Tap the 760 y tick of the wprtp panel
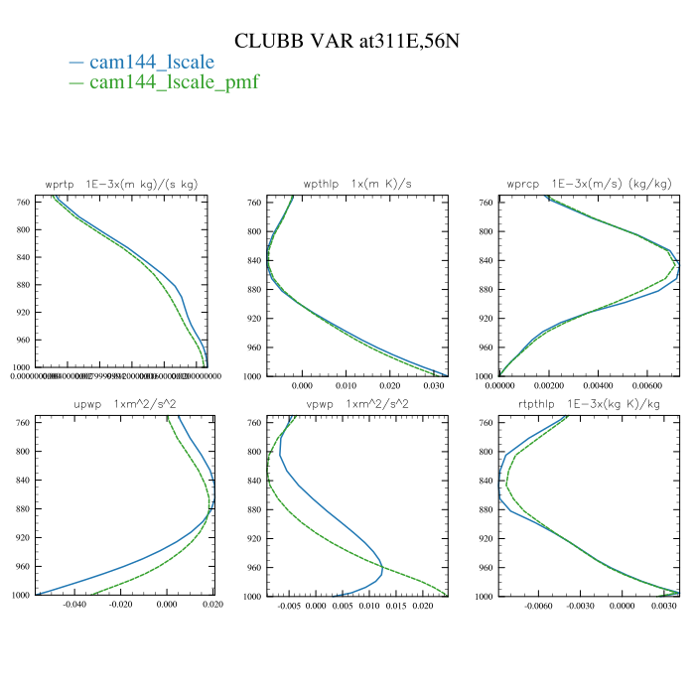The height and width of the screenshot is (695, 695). (x=22, y=203)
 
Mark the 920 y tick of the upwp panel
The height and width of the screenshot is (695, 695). (x=22, y=538)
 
